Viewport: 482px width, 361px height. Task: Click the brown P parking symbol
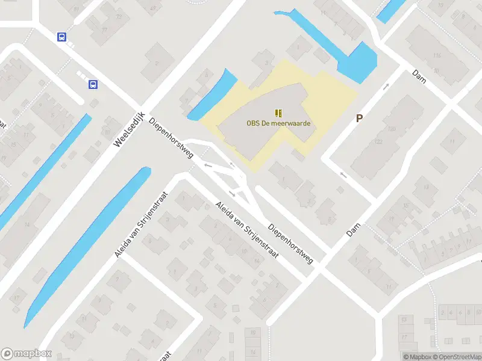coord(359,119)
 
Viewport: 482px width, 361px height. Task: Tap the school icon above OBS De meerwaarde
coord(278,113)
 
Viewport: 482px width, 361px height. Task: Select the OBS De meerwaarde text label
coord(278,123)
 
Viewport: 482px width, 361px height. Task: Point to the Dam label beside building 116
coord(419,75)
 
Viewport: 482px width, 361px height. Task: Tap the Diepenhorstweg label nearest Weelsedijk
coord(171,138)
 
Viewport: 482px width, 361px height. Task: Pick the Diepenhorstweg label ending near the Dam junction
coord(291,244)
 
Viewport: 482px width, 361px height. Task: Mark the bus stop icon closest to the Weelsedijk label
coord(93,84)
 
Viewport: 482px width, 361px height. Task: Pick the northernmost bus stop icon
coord(61,37)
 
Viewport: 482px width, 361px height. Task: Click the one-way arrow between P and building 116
coord(386,87)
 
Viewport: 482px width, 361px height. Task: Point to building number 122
coord(378,141)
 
